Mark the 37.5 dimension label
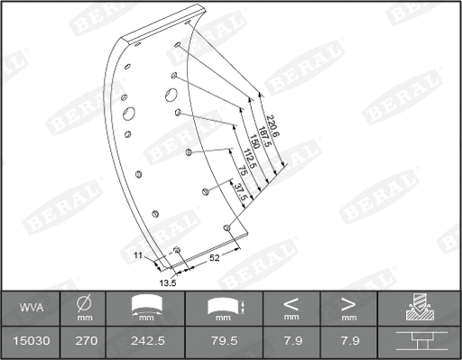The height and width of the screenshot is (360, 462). (237, 192)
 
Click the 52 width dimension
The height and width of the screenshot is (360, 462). (216, 258)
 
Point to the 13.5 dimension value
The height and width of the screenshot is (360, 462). (167, 282)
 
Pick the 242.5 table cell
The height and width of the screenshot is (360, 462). (145, 342)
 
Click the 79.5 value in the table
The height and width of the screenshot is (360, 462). (223, 342)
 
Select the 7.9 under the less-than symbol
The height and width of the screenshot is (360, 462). (291, 342)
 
